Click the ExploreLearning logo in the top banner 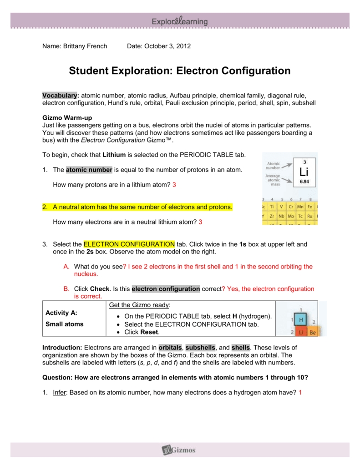[180, 21]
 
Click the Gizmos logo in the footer [179, 450]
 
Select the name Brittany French [86, 46]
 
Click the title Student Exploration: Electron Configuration [179, 71]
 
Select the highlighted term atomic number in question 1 [89, 170]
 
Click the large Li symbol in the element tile [304, 172]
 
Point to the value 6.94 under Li [304, 182]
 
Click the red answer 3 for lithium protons [174, 185]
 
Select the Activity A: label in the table [61, 313]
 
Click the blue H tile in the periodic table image [300, 320]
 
